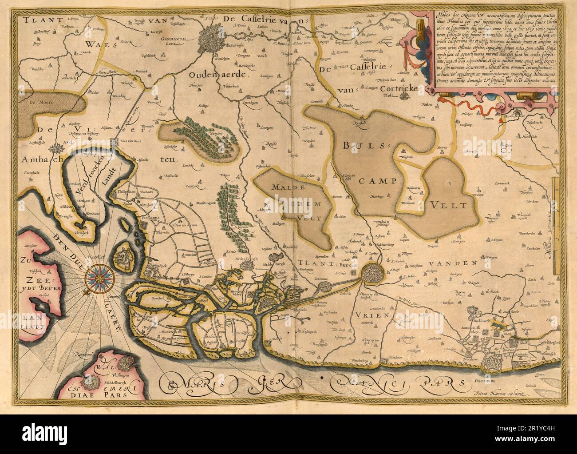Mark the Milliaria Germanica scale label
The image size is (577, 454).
[x=548, y=231]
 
